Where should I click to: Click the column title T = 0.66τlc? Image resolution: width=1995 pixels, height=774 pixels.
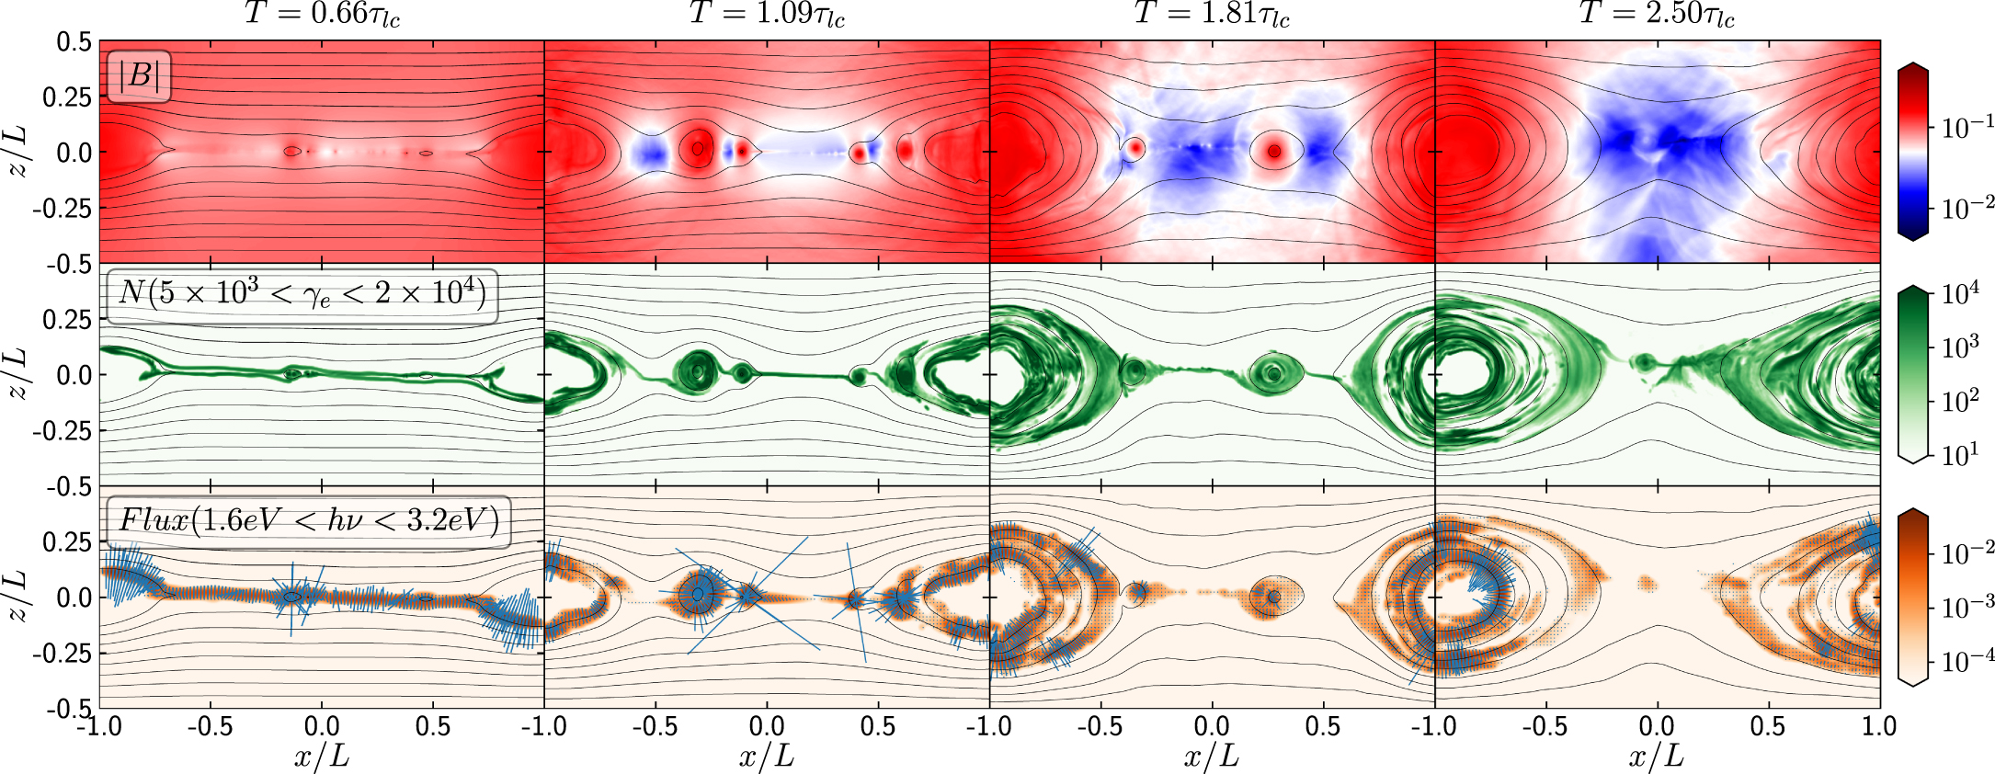coord(322,15)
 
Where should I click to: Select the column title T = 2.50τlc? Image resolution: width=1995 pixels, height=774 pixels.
coord(1657,15)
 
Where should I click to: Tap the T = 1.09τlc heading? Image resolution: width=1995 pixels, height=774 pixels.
coord(767,15)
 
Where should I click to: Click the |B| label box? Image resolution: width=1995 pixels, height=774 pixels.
coord(140,75)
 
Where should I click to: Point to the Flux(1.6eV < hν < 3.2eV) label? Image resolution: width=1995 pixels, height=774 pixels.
coord(309,521)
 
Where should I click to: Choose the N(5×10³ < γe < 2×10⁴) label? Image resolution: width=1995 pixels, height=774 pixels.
coord(302,295)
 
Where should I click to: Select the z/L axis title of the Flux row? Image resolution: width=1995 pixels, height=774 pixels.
coord(17,597)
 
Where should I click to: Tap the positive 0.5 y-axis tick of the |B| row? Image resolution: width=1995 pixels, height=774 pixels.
coord(74,41)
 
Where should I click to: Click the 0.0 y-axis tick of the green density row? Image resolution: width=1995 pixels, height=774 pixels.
coord(74,375)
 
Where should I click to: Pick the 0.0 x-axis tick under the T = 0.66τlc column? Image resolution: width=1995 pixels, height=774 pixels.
coord(322,726)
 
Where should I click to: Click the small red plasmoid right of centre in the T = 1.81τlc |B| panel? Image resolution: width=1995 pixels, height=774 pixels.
coord(1274,151)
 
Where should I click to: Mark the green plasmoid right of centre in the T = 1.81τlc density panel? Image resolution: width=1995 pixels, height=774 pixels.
coord(1272,373)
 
